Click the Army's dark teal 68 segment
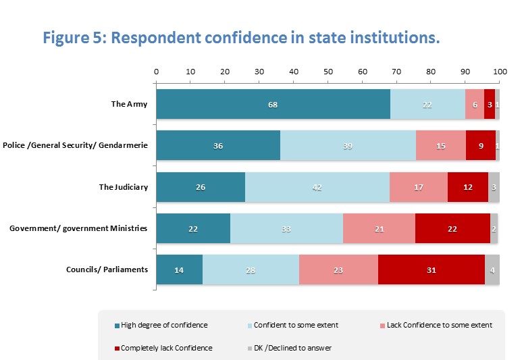pos(273,105)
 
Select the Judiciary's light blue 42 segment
pos(317,188)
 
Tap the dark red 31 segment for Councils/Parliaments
pos(431,270)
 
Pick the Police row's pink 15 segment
pos(440,146)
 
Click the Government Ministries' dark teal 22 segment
pos(193,229)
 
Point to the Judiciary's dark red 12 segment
pos(467,188)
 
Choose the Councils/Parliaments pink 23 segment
pos(338,270)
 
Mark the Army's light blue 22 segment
pos(427,105)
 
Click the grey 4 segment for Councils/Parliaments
pos(492,270)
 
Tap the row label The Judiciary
pos(123,187)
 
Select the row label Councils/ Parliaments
pos(107,269)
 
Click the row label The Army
pos(129,104)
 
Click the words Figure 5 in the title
pos(72,37)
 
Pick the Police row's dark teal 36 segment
pos(218,146)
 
